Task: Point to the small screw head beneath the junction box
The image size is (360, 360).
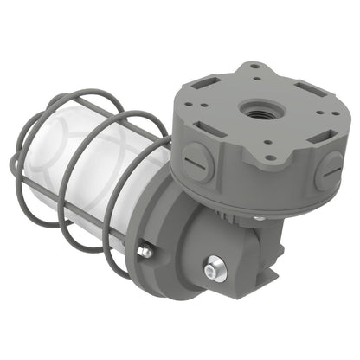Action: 259,218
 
